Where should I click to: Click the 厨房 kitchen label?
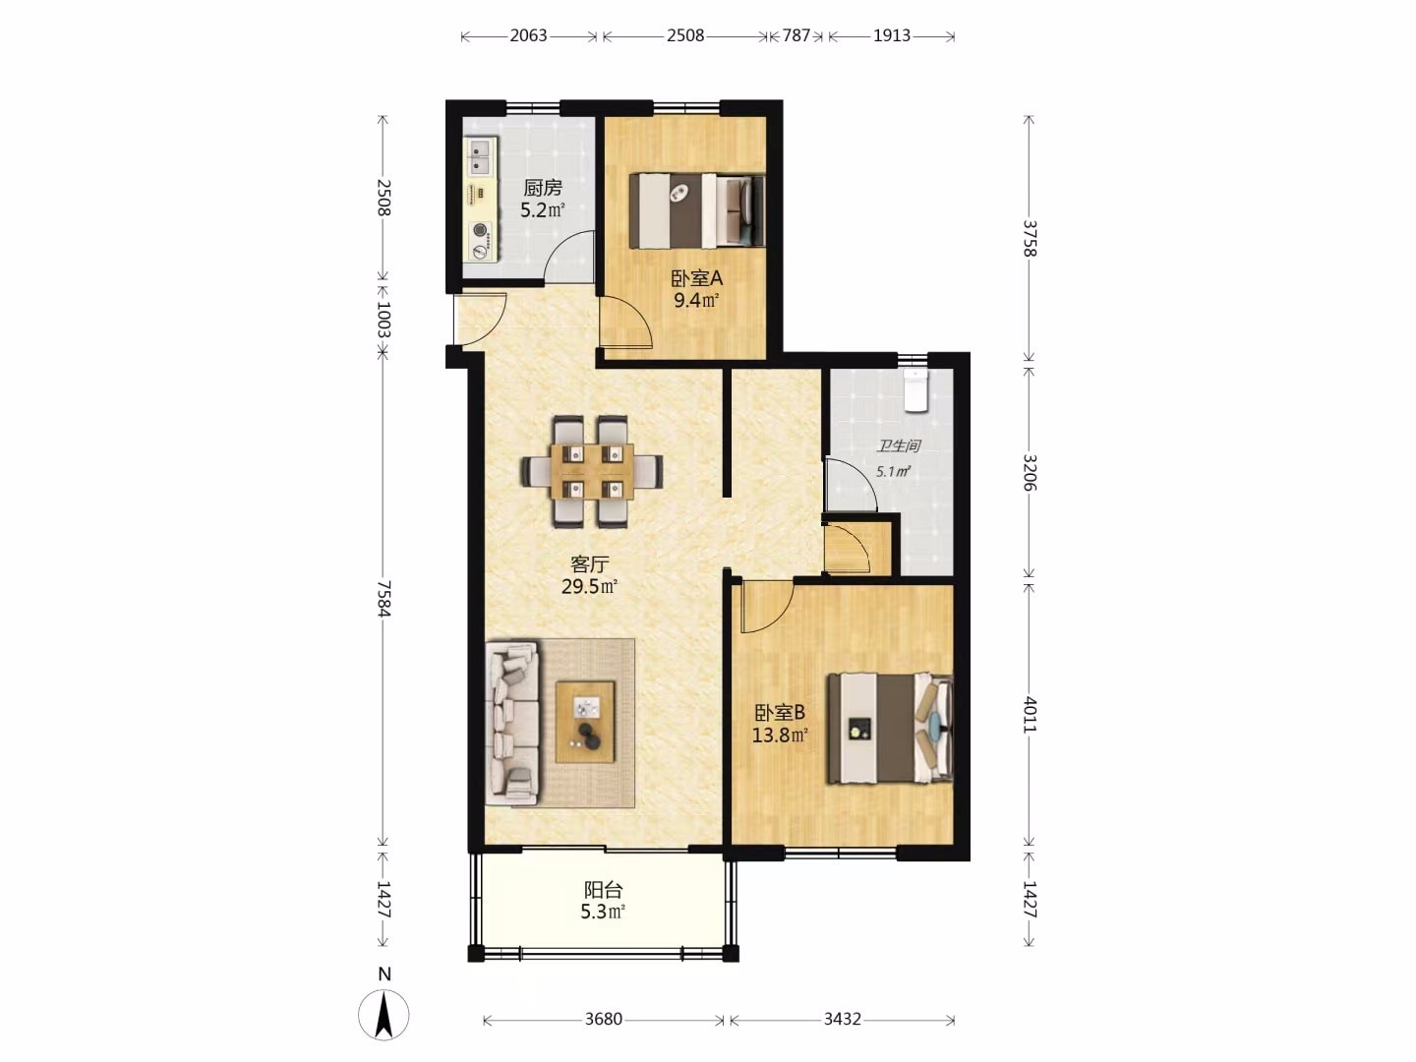[x=543, y=188]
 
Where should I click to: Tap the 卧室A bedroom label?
[x=697, y=278]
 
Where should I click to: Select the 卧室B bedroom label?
[x=780, y=713]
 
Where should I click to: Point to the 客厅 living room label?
[x=590, y=564]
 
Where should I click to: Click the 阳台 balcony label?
[x=603, y=890]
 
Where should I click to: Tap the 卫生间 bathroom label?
[x=899, y=445]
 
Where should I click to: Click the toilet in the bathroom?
[x=914, y=390]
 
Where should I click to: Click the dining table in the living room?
[x=592, y=472]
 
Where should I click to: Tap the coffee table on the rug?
[x=585, y=722]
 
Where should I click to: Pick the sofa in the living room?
[x=512, y=722]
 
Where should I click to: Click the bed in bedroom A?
[x=697, y=210]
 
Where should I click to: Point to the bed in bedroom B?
[x=890, y=729]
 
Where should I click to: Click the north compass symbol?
[x=383, y=1014]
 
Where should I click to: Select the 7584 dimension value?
[x=383, y=599]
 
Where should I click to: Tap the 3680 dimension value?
[x=604, y=1019]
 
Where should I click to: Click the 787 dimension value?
[x=796, y=35]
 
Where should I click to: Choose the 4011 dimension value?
[x=1030, y=715]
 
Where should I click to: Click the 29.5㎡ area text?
[x=590, y=587]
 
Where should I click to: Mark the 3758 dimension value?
[x=1030, y=239]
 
